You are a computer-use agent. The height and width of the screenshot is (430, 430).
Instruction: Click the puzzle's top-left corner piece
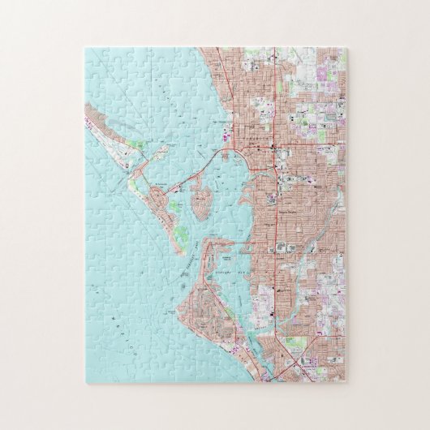(93, 56)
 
